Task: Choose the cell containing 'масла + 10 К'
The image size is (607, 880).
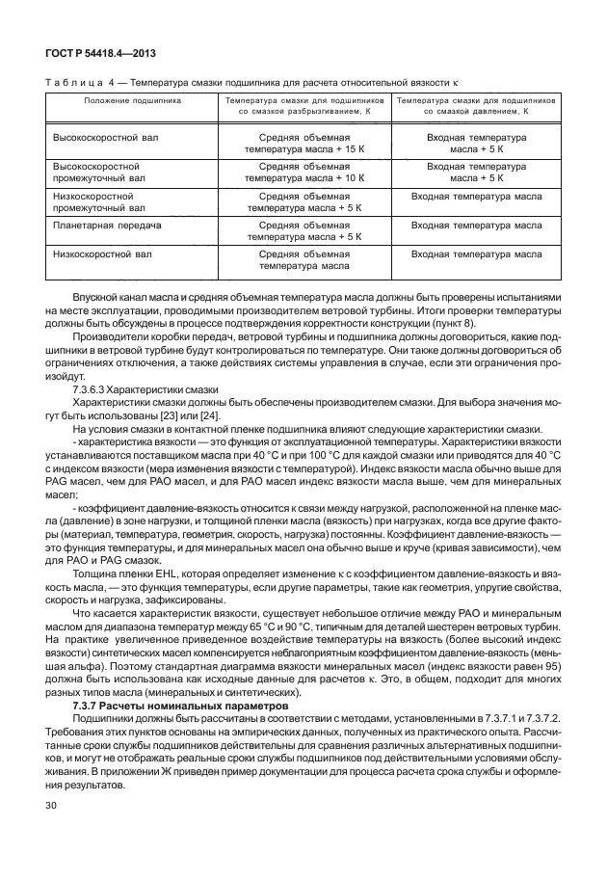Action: [x=304, y=179]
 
